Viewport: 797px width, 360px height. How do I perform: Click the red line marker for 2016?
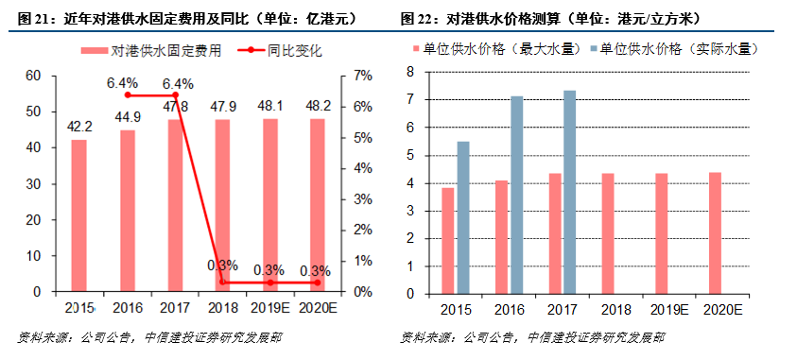[128, 95]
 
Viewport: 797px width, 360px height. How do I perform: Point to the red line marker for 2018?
[223, 283]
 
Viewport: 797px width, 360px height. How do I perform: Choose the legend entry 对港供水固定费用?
[156, 52]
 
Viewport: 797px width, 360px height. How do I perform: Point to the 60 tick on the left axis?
[33, 76]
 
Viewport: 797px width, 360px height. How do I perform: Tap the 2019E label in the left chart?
[270, 308]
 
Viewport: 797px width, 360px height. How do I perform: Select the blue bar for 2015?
[463, 217]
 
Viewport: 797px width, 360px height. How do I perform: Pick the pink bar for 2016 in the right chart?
[502, 236]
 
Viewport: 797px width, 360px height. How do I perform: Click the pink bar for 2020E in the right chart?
[715, 232]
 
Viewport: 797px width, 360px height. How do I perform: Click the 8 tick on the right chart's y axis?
[410, 71]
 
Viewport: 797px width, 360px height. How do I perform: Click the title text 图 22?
[418, 19]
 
